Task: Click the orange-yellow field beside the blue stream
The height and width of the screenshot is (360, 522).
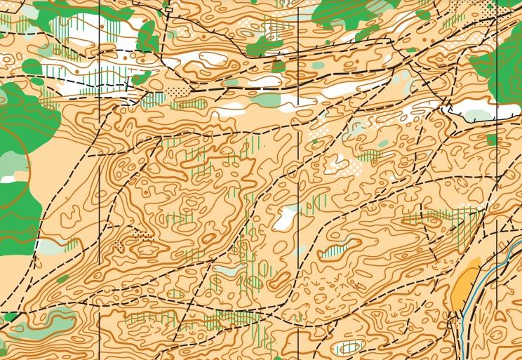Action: [464, 288]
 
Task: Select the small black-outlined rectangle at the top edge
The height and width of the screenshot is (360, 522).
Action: [168, 10]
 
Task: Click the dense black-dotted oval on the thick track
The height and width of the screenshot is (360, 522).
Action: [179, 91]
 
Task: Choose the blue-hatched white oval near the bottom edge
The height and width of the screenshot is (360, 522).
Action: [349, 347]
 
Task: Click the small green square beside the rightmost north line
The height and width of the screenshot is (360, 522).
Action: [491, 140]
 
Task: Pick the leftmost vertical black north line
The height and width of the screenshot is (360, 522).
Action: [100, 175]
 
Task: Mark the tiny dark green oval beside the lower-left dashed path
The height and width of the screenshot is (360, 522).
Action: [63, 279]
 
